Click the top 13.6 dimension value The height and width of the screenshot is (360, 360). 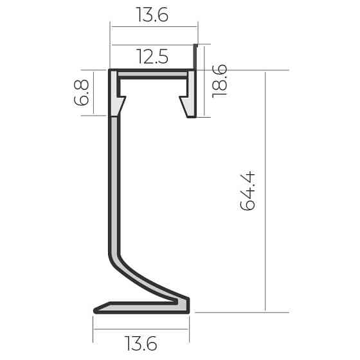(x=152, y=15)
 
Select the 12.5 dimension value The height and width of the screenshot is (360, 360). (x=152, y=57)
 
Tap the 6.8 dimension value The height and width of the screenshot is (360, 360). (x=81, y=93)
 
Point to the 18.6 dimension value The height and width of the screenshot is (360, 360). (x=219, y=81)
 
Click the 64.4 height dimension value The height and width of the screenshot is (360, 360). (x=247, y=190)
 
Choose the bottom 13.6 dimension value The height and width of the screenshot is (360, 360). (x=141, y=343)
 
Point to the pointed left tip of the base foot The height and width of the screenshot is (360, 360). (x=95, y=310)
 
